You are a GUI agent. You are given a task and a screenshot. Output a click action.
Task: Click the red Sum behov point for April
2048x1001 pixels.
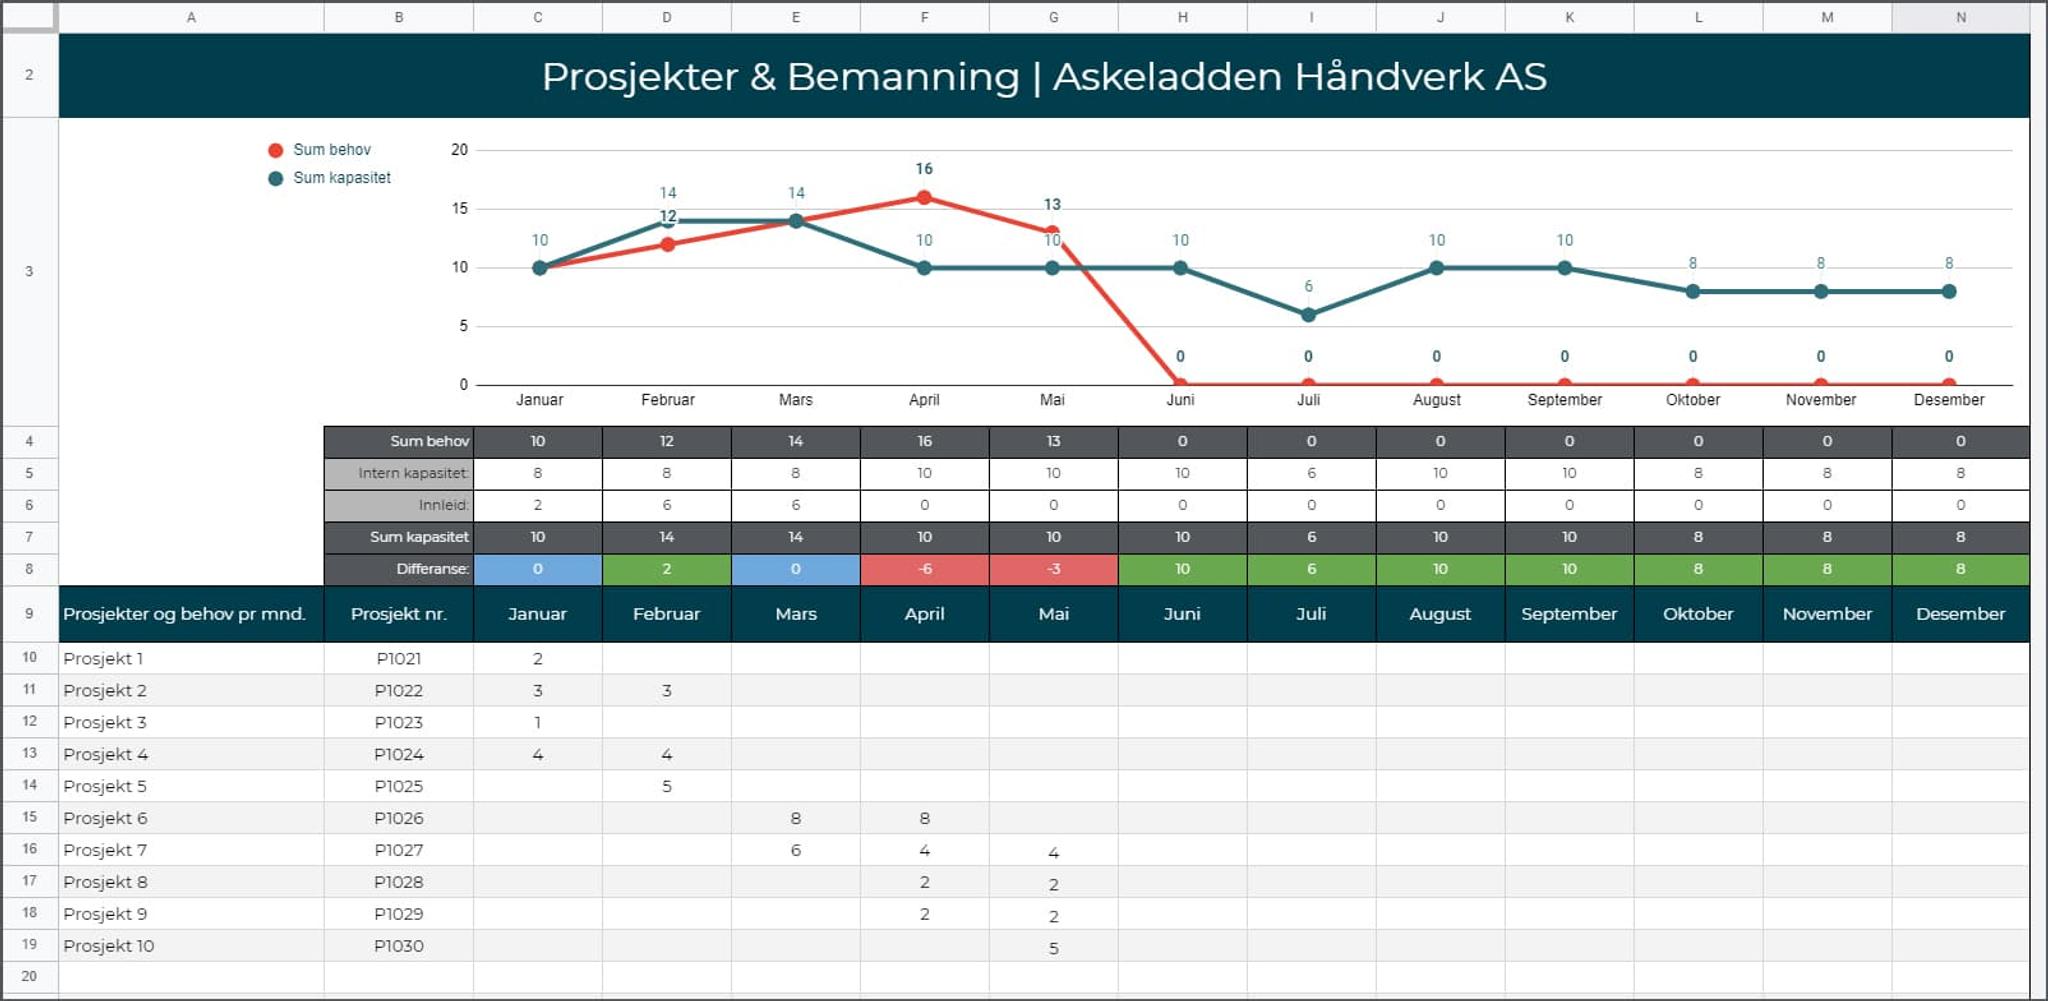tap(924, 198)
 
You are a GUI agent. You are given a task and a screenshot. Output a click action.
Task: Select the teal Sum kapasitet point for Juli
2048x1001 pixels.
tap(1308, 315)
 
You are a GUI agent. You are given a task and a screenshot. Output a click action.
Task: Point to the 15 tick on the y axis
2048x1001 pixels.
tap(459, 209)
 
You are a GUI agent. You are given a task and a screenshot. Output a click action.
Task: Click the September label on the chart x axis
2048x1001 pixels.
tap(1564, 400)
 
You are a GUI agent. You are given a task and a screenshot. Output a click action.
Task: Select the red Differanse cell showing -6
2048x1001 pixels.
tap(925, 569)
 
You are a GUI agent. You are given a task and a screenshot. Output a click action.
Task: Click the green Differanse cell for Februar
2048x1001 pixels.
tap(667, 569)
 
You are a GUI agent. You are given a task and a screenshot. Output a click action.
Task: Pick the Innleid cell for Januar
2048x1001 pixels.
tap(538, 505)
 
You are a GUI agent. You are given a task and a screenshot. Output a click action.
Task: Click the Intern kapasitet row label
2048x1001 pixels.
tap(412, 473)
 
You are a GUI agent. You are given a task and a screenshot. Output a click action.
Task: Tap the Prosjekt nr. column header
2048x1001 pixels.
tap(398, 614)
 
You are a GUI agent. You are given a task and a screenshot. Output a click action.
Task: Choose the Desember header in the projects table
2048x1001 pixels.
tap(1960, 614)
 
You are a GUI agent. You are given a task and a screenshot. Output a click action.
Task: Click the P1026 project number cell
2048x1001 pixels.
tap(398, 818)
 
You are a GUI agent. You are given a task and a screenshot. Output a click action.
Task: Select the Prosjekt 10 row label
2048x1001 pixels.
tap(109, 946)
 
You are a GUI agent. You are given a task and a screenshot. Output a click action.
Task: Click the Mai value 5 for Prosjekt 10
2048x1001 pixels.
tap(1053, 948)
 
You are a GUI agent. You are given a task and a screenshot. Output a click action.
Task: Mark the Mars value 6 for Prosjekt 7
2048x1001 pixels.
tap(796, 850)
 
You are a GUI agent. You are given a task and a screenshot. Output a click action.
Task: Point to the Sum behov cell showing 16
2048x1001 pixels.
tap(925, 441)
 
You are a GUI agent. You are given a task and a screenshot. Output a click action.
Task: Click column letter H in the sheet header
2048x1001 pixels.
tap(1182, 17)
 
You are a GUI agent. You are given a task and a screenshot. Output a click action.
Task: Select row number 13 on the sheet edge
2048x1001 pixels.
tap(29, 753)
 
